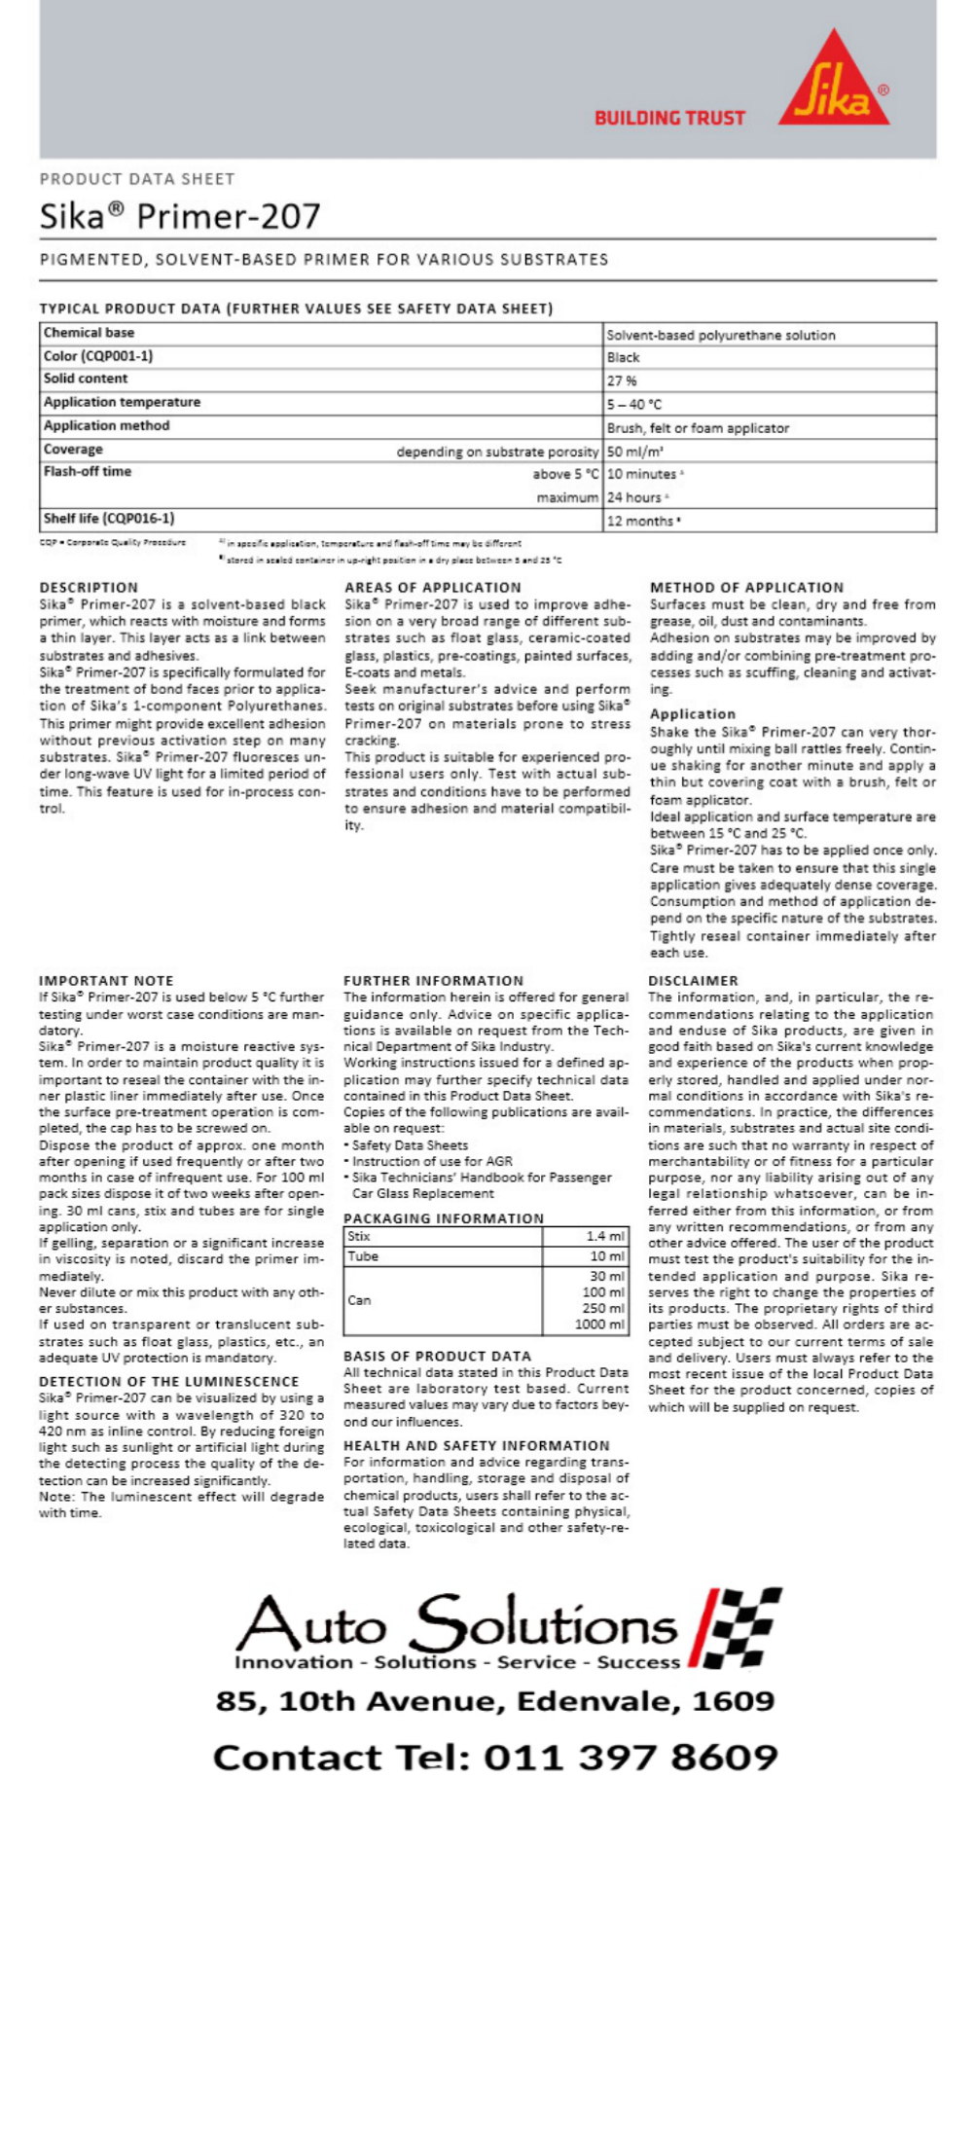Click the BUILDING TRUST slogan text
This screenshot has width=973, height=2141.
coord(669,119)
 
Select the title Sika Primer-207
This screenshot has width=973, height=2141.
coord(180,216)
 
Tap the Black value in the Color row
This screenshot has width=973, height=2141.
coord(624,357)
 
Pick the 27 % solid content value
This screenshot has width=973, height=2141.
coord(622,381)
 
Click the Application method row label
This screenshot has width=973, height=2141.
coord(106,426)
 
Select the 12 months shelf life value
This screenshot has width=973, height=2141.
coord(643,521)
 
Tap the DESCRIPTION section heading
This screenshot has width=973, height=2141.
coord(89,588)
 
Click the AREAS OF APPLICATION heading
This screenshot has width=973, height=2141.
coord(433,588)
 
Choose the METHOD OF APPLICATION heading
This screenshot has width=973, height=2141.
coord(746,588)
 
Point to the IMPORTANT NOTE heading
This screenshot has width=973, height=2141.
coord(106,981)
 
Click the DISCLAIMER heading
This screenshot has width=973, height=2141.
coord(693,981)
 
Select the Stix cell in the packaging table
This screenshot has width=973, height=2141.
coord(359,1237)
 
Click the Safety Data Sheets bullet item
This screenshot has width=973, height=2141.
coord(410,1145)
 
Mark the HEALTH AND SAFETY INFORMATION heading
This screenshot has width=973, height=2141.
coord(476,1446)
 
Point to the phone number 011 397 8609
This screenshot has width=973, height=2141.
coord(631,1758)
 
